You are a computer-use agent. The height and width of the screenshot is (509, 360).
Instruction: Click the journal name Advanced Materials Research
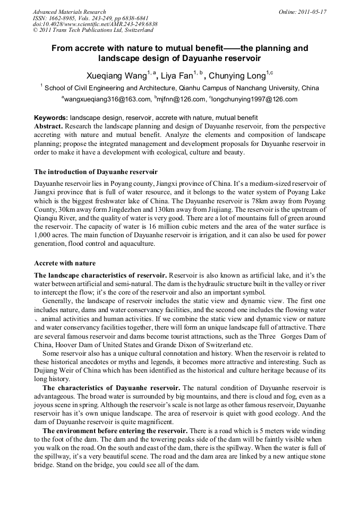(69, 11)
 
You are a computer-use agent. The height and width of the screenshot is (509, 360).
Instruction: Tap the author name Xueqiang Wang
(116, 75)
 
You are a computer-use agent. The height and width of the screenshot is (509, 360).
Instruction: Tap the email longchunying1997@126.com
(255, 99)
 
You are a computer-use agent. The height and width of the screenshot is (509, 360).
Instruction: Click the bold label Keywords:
(50, 117)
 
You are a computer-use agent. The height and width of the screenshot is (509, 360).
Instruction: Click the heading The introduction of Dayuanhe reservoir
(96, 171)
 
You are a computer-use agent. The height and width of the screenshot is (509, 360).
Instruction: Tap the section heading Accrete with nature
(65, 263)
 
